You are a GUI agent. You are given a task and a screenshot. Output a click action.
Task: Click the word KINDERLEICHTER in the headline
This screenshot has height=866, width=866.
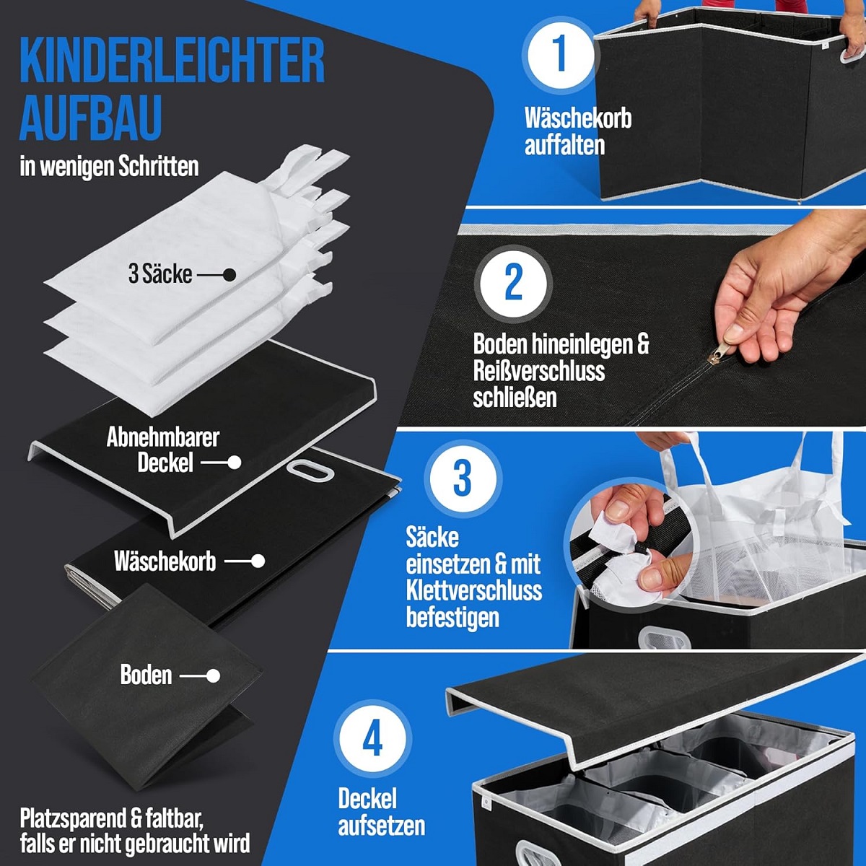(x=172, y=62)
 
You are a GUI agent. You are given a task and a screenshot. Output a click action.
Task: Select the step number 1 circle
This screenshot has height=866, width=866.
(x=560, y=53)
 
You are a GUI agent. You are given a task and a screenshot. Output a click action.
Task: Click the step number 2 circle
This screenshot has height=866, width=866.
(x=513, y=282)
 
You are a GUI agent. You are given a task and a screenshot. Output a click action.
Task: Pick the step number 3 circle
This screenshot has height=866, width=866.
(x=462, y=477)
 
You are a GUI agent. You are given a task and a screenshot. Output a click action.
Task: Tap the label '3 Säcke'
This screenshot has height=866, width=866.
(x=160, y=274)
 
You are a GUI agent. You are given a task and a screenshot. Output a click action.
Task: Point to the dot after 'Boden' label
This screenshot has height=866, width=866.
(x=213, y=676)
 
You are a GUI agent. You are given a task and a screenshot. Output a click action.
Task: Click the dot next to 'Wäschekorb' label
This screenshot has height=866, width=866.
(x=258, y=561)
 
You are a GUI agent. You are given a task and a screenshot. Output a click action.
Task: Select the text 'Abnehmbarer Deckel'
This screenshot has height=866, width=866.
(x=163, y=450)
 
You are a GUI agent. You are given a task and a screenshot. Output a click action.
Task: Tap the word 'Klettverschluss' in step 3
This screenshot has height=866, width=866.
(x=473, y=590)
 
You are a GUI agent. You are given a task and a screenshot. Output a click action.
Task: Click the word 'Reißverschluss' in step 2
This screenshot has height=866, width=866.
(x=538, y=371)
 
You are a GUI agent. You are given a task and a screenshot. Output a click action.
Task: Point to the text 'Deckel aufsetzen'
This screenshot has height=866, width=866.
(x=381, y=812)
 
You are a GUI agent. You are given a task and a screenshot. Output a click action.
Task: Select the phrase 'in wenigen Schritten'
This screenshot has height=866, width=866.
(x=109, y=167)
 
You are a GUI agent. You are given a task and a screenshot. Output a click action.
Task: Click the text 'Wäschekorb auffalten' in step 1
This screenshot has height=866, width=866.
(x=577, y=131)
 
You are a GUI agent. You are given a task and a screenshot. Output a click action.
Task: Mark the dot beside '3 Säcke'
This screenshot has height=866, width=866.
(x=229, y=275)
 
